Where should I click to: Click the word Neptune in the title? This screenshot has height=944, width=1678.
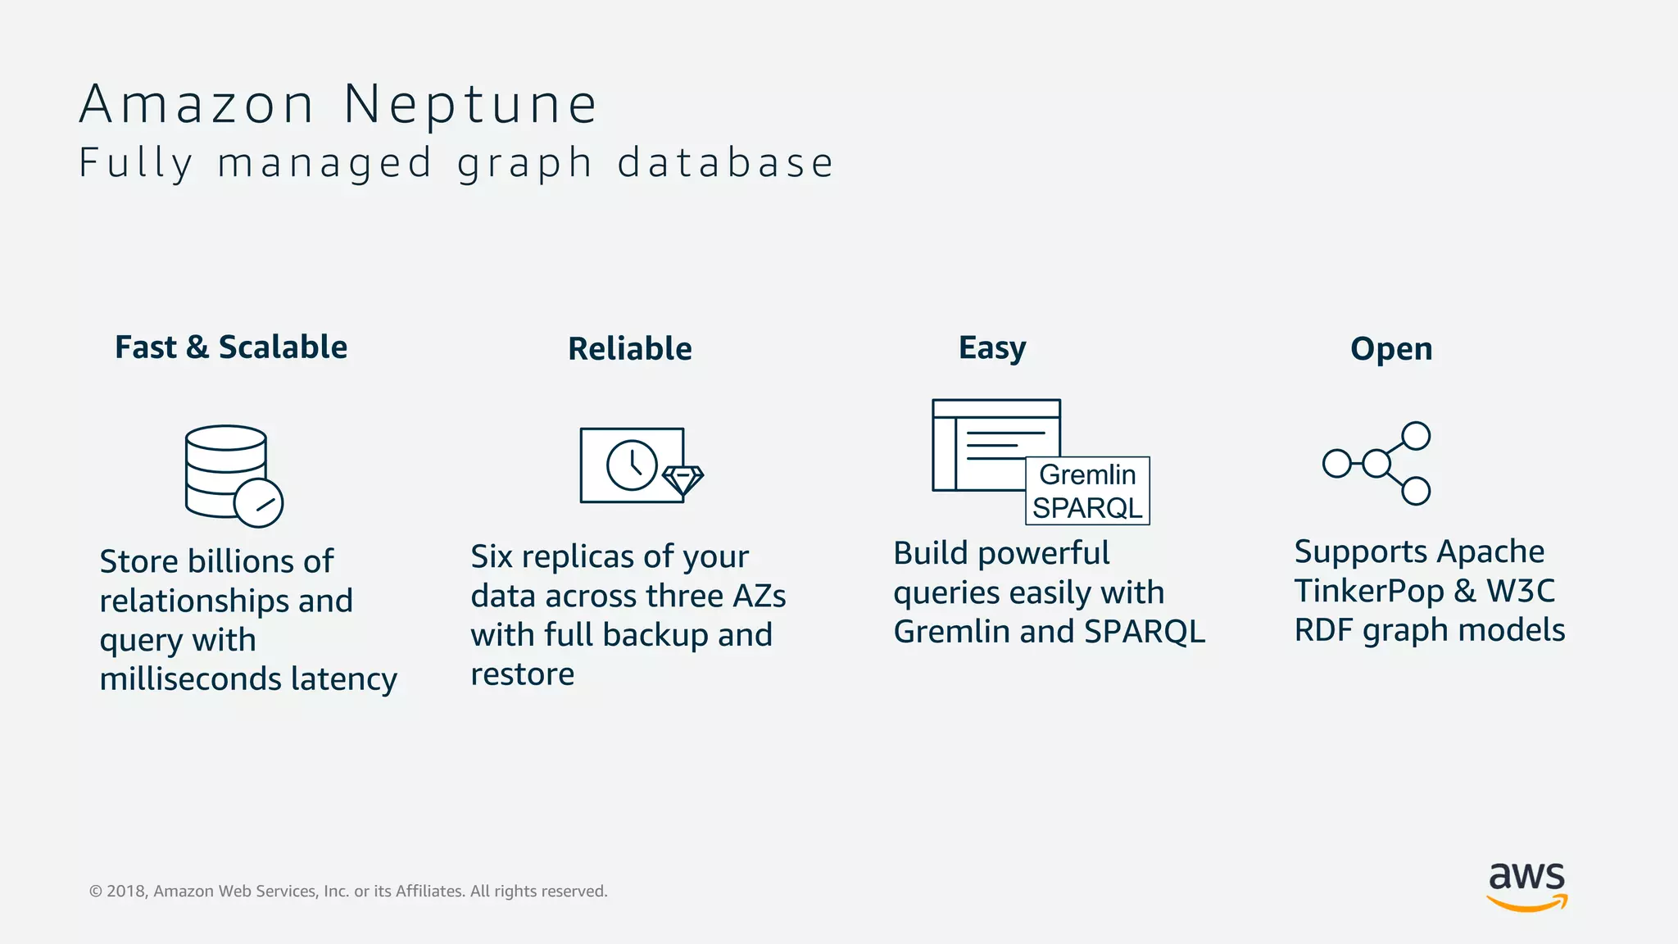[470, 105]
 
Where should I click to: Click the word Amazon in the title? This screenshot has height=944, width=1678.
[197, 105]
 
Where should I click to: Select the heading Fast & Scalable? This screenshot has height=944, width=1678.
[231, 347]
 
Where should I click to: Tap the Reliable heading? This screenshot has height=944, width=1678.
[629, 349]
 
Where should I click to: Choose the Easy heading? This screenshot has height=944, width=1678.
[991, 348]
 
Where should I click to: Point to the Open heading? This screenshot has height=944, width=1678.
[1391, 349]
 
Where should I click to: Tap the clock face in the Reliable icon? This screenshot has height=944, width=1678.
[632, 465]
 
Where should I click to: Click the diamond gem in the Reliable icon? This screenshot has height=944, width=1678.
[683, 479]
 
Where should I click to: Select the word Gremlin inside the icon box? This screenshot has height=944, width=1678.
[1087, 474]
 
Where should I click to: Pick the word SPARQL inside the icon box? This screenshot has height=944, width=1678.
[1087, 508]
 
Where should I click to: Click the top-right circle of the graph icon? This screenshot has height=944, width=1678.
[1416, 436]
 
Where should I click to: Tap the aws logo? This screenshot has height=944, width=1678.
[1526, 885]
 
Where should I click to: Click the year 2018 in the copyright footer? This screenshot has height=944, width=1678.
[126, 892]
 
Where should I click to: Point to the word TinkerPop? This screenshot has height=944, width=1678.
[1368, 591]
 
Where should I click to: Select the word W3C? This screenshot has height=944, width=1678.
[1521, 591]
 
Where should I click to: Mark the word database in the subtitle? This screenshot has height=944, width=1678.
[725, 162]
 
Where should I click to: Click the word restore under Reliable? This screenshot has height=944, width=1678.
[522, 674]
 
